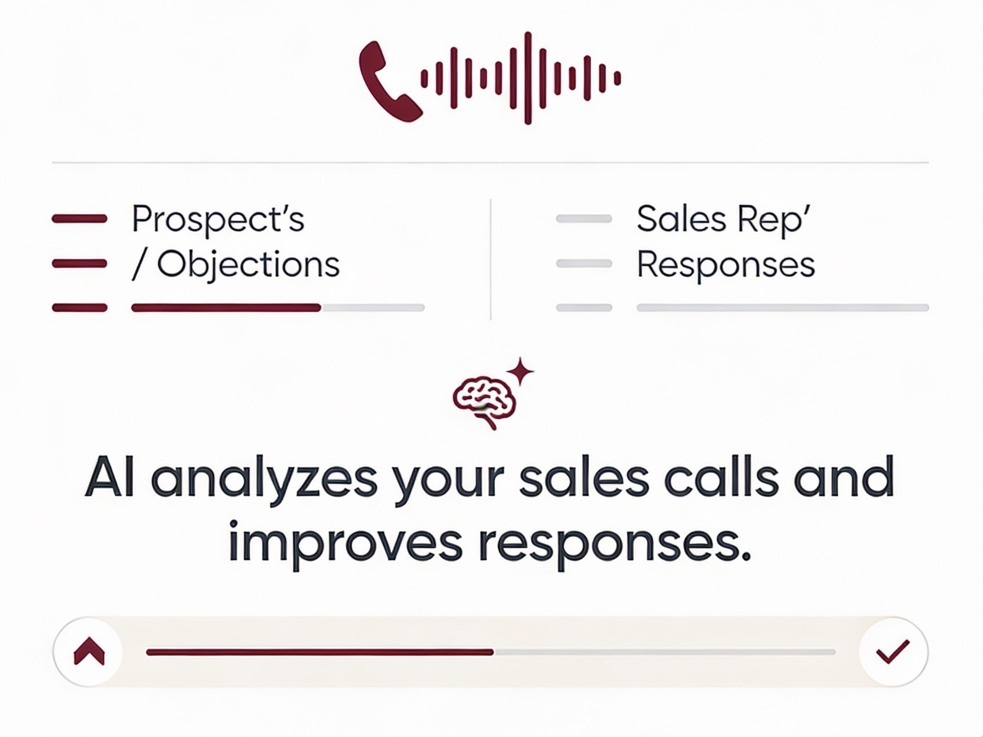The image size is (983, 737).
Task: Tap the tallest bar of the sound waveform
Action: point(528,78)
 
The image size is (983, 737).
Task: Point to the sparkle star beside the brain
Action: point(520,371)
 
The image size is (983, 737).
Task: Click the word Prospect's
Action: point(218,220)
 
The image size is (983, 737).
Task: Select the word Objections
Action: point(249,265)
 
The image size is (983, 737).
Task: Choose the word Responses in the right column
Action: point(726,266)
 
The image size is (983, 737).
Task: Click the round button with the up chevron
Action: point(88,652)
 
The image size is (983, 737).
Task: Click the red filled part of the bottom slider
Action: point(320,652)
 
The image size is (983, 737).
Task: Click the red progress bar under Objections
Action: point(226,307)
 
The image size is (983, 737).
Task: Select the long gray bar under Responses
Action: point(783,307)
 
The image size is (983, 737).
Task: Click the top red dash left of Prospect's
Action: point(80,219)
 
